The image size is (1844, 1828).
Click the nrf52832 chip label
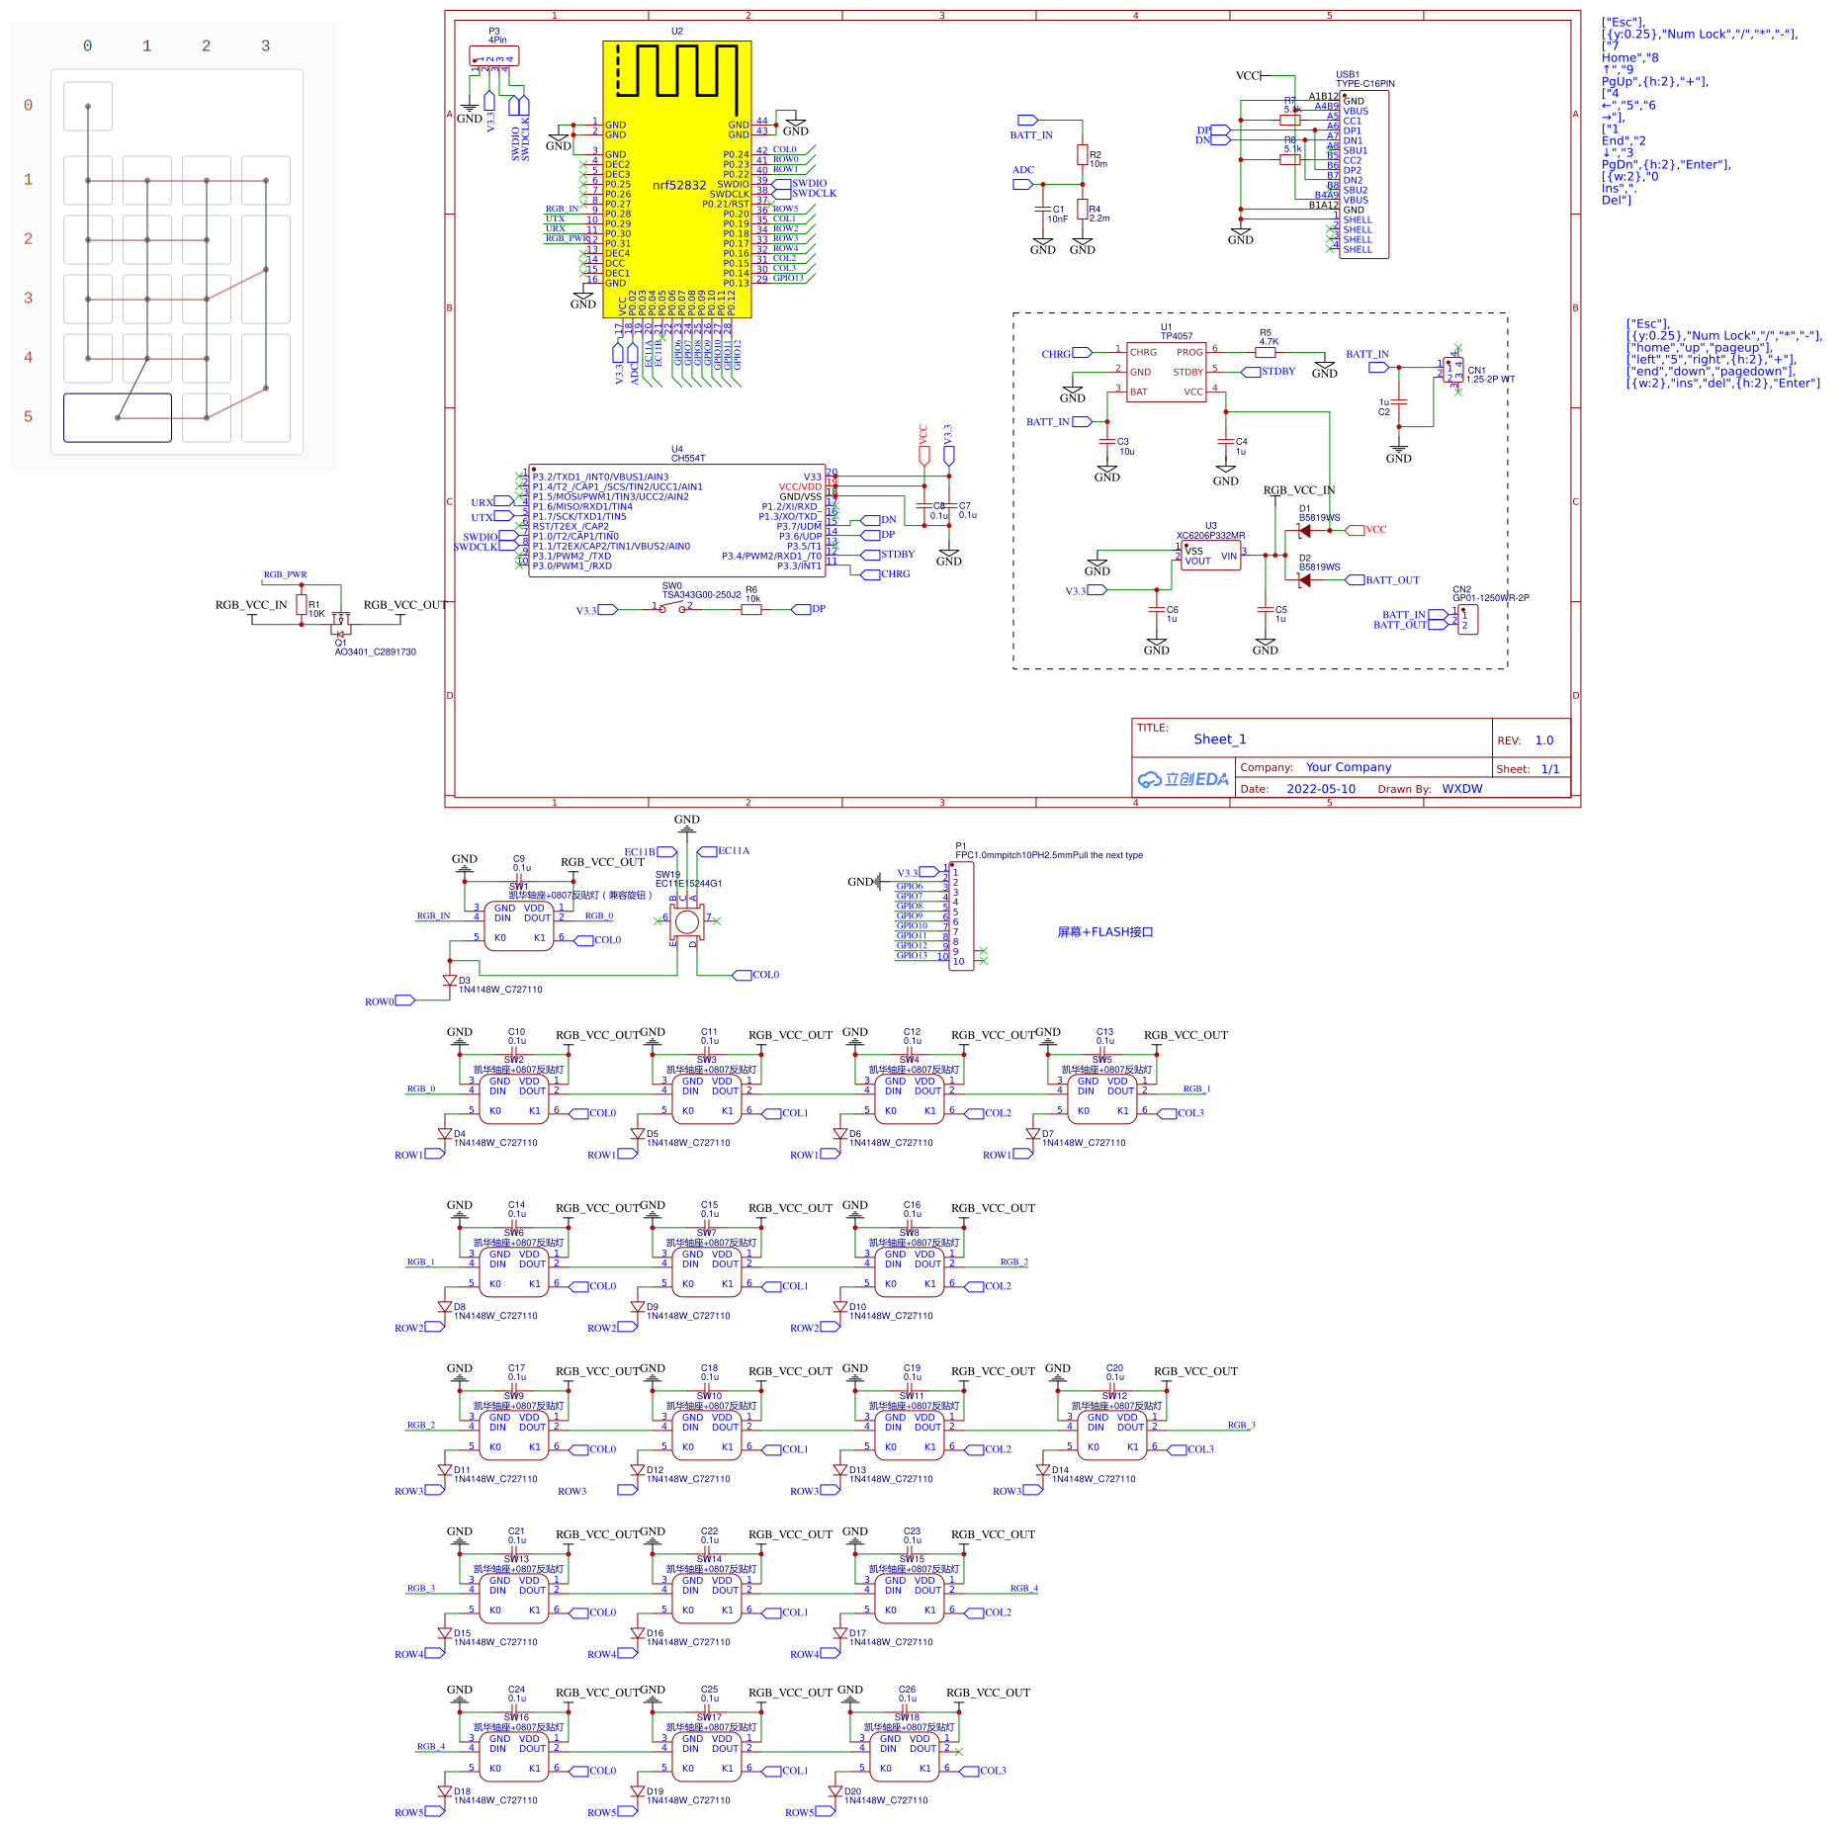[x=679, y=185]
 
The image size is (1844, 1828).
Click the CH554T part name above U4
[x=688, y=458]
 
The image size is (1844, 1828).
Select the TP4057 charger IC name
[x=1177, y=336]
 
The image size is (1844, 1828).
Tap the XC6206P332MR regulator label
[x=1210, y=536]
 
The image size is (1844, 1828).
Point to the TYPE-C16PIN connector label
[x=1364, y=84]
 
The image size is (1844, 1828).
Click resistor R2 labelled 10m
[x=1083, y=155]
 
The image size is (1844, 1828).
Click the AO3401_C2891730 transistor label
[x=375, y=653]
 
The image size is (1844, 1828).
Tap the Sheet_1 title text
[x=1219, y=740]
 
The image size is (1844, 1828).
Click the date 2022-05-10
[x=1320, y=789]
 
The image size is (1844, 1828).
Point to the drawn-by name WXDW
[x=1461, y=789]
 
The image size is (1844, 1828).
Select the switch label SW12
[x=1114, y=1396]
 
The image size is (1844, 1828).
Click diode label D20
[x=852, y=1791]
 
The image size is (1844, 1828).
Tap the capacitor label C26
[x=907, y=1690]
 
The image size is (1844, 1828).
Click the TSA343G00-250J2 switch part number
[x=701, y=595]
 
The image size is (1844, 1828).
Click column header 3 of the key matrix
[x=265, y=46]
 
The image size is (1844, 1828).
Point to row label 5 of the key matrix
[x=28, y=417]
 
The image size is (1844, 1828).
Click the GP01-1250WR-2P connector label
[x=1490, y=598]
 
